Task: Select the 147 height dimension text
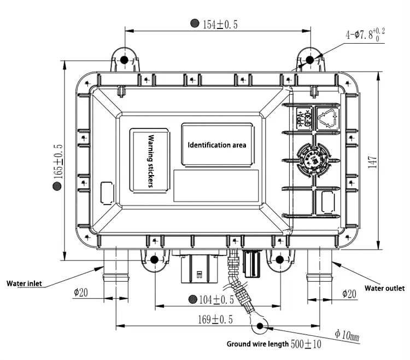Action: point(373,163)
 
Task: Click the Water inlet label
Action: point(24,283)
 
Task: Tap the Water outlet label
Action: point(384,288)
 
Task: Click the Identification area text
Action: point(217,146)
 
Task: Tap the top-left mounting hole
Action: point(124,60)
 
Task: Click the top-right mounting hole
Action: point(309,60)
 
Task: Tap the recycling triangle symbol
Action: point(330,118)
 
